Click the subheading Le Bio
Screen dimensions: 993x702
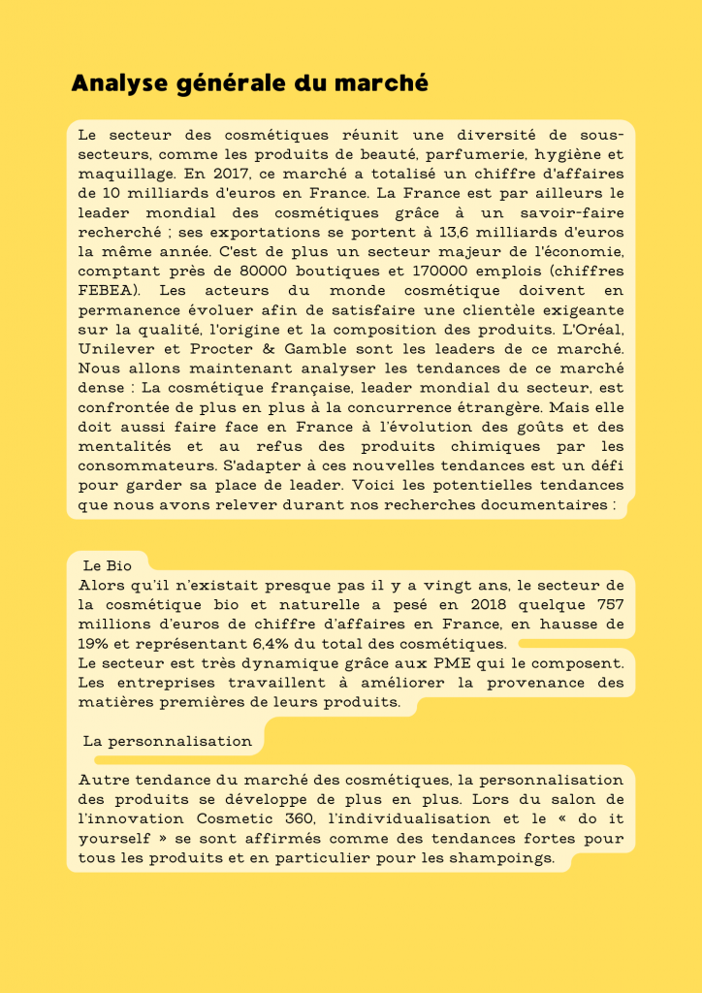pos(107,564)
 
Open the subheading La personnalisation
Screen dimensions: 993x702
pos(167,741)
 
